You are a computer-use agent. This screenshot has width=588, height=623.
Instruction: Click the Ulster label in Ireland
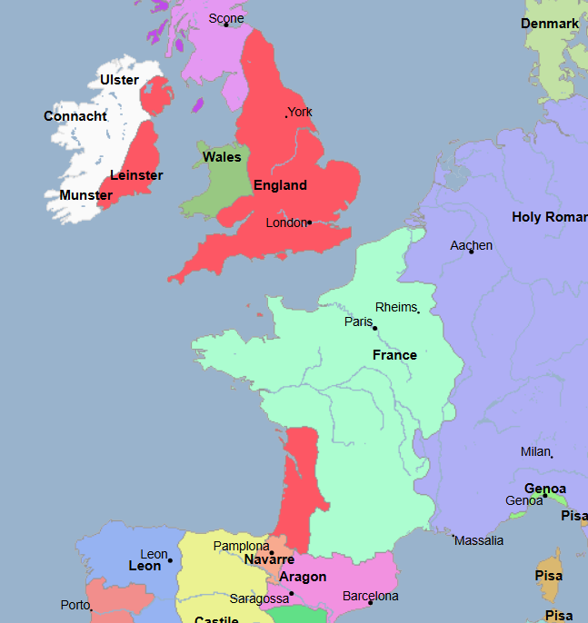[x=119, y=80]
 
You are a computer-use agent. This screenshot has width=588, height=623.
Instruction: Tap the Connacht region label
[x=75, y=116]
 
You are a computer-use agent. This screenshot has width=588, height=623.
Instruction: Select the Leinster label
[x=136, y=175]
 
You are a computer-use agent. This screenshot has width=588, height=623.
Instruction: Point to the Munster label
[x=86, y=195]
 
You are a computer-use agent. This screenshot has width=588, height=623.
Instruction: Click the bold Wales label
[x=222, y=157]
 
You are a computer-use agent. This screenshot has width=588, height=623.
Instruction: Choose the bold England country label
[x=280, y=185]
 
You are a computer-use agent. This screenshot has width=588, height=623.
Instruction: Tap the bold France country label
[x=394, y=355]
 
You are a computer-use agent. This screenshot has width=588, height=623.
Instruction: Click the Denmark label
[x=550, y=24]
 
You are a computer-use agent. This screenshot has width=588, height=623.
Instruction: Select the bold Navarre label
[x=269, y=560]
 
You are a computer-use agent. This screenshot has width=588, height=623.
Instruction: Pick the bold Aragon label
[x=303, y=577]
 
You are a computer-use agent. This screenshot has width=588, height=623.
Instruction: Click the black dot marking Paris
[x=374, y=328]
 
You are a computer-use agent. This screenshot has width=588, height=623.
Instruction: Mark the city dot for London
[x=310, y=222]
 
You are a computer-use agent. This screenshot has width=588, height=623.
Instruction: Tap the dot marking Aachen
[x=471, y=252]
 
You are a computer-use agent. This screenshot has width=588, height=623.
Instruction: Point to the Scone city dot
[x=226, y=25]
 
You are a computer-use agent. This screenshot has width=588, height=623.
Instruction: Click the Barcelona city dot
[x=371, y=603]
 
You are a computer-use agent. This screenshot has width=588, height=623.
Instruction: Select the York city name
[x=300, y=113]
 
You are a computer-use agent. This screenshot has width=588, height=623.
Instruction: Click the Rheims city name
[x=395, y=307]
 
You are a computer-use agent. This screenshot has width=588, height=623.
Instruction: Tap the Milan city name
[x=535, y=451]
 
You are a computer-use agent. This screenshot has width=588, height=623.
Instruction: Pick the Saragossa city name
[x=259, y=599]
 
